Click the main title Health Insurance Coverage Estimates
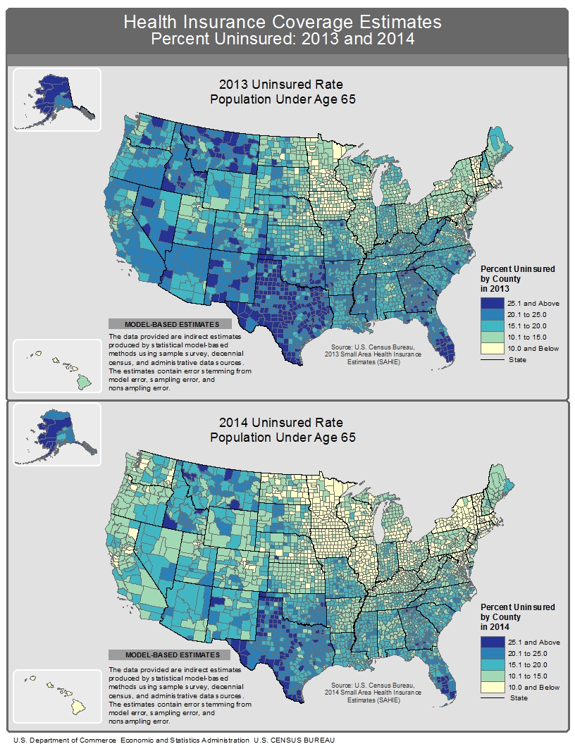point(283,23)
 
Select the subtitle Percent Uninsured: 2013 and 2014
point(283,39)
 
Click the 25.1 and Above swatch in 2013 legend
point(490,304)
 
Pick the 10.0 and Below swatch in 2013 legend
point(490,348)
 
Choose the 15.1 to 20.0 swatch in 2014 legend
point(490,664)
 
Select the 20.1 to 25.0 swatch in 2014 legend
point(490,653)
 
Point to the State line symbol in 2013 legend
point(490,359)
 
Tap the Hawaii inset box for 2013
point(56,365)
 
